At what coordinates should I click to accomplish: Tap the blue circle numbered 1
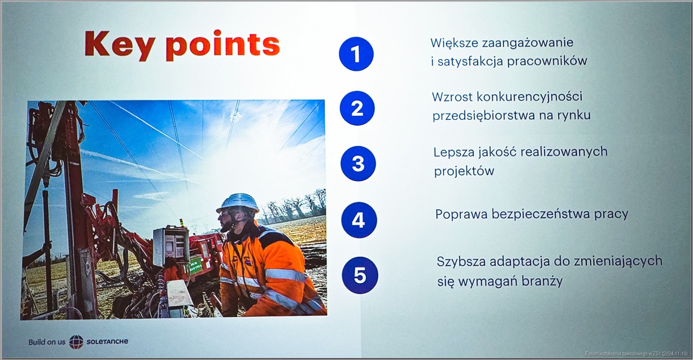[x=356, y=54]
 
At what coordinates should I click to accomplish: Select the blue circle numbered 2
[x=357, y=108]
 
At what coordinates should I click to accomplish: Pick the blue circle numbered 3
[x=358, y=164]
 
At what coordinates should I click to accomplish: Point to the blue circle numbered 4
[x=359, y=220]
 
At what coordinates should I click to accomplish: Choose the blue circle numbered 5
[x=360, y=275]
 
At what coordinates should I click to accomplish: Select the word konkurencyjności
[x=529, y=97]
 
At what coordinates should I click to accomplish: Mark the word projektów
[x=464, y=171]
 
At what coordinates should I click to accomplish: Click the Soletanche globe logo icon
[x=76, y=342]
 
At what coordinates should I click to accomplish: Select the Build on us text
[x=47, y=342]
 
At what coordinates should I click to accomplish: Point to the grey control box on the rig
[x=171, y=246]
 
